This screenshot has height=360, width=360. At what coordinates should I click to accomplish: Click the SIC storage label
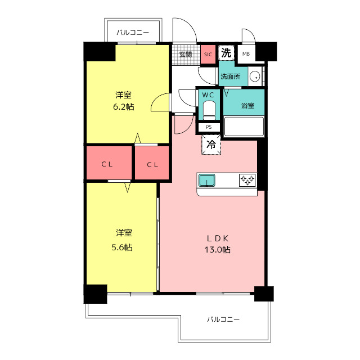tap(208, 55)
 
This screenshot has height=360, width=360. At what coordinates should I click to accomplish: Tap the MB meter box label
tap(246, 54)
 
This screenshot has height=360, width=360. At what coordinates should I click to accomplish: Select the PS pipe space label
tap(209, 127)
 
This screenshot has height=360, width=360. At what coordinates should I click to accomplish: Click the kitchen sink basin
tap(207, 180)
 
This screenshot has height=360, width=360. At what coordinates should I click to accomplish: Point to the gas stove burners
tap(247, 180)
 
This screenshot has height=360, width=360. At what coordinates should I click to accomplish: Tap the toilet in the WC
tap(209, 111)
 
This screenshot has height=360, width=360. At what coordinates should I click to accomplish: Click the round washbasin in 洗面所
tap(255, 76)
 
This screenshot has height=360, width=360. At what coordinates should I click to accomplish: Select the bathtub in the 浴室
tap(244, 127)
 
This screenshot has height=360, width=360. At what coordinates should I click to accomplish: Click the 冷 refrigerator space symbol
tap(211, 145)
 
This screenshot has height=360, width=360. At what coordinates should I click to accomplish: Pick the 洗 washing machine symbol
tap(226, 53)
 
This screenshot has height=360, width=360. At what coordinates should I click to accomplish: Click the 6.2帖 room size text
tap(124, 107)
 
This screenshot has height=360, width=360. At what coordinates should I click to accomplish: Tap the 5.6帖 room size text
tap(122, 247)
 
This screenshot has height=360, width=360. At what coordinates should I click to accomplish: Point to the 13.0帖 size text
tap(218, 250)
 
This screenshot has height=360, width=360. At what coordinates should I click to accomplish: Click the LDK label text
tap(218, 238)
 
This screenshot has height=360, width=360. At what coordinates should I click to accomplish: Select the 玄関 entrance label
tap(186, 55)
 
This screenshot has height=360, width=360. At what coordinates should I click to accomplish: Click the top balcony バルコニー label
tap(133, 33)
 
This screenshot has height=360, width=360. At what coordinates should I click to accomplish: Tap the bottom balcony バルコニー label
tap(223, 319)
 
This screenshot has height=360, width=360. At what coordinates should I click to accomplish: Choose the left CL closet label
tap(107, 164)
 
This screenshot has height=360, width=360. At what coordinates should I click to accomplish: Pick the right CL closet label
tap(152, 165)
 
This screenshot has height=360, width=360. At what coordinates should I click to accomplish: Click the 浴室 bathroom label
tap(247, 106)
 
